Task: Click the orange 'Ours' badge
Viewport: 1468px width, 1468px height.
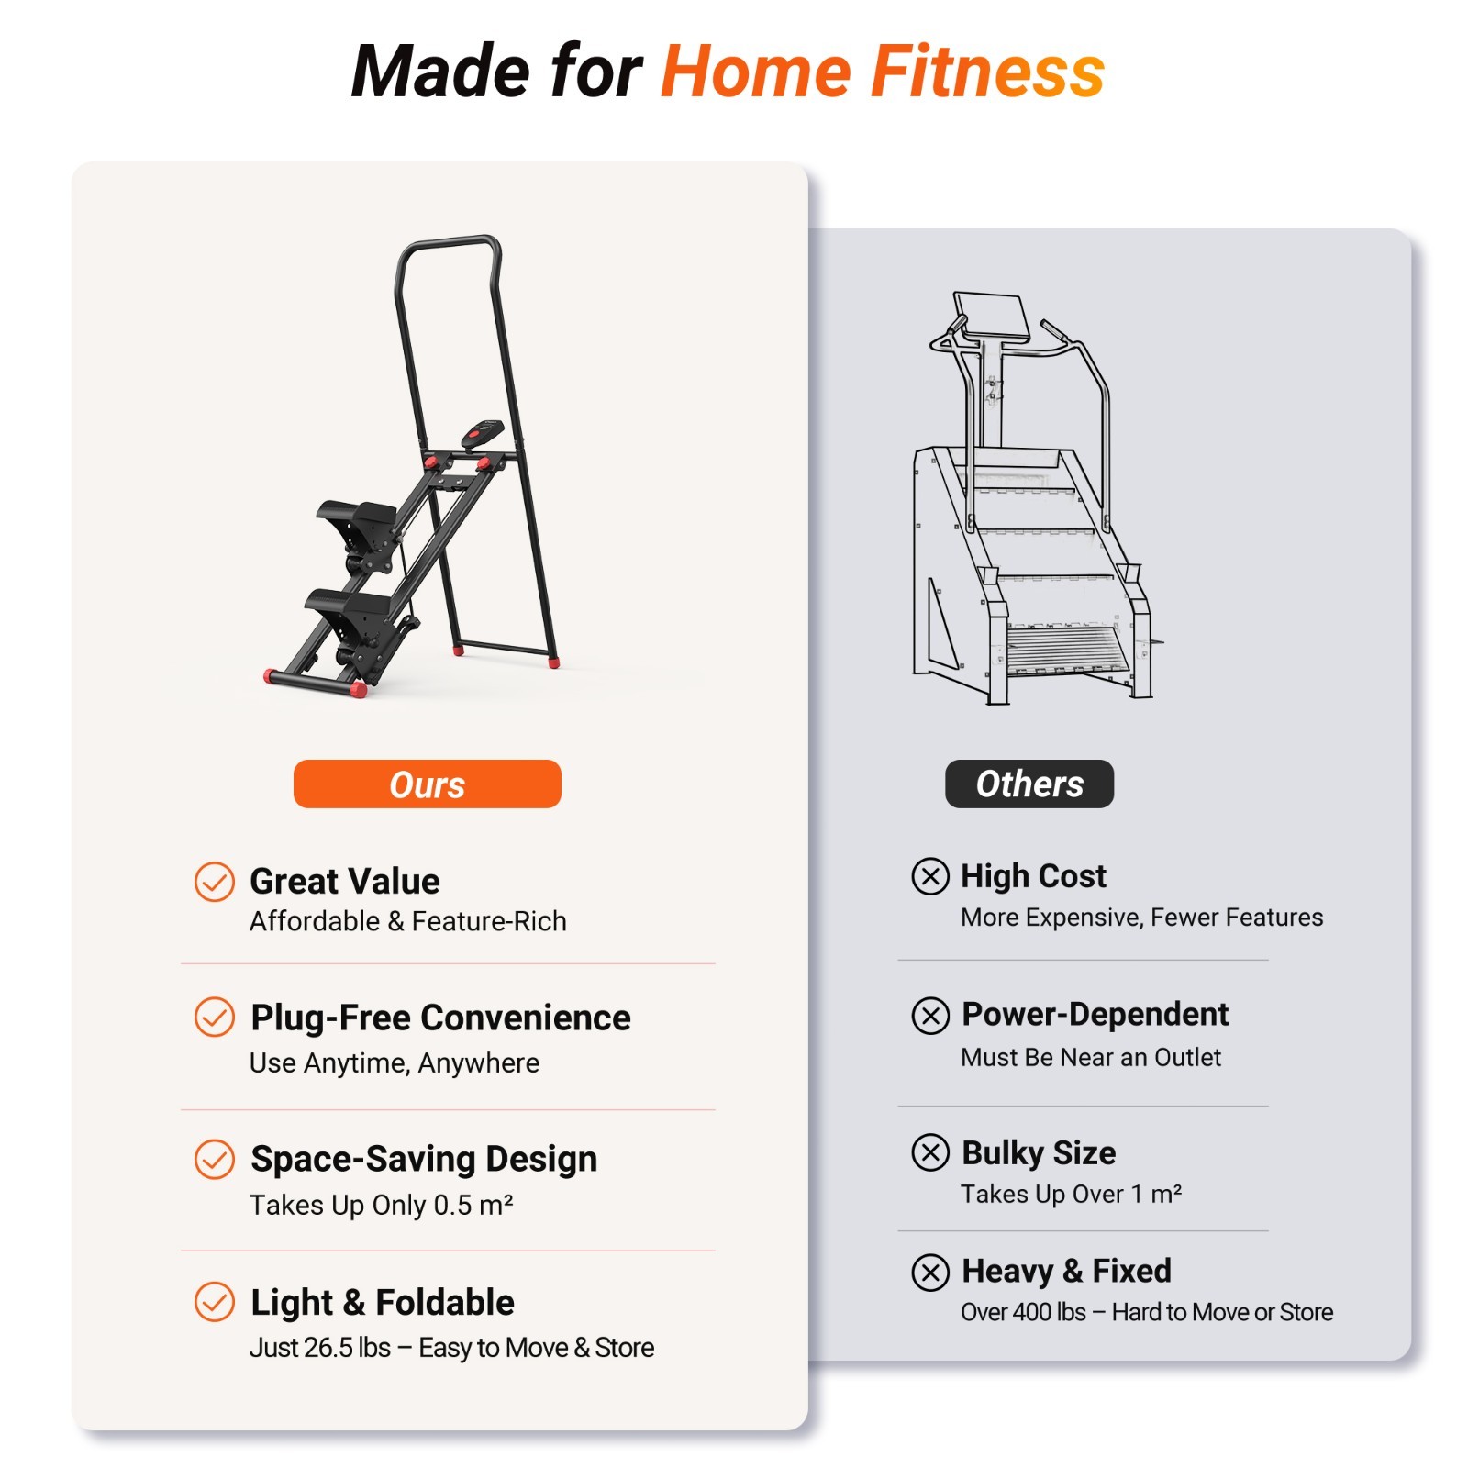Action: point(427,784)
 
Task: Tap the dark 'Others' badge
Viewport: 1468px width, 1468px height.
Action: point(1029,784)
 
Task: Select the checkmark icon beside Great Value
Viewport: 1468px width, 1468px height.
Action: point(215,882)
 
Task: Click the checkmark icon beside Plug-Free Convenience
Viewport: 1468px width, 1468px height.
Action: point(215,1017)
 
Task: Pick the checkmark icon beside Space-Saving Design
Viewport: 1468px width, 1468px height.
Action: point(215,1159)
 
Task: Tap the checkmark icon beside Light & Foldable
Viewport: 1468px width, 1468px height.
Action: point(215,1301)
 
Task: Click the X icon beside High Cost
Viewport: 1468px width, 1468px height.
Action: point(929,876)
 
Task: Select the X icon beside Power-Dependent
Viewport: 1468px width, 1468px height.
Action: point(930,1015)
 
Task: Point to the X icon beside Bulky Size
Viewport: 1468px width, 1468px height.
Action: point(930,1152)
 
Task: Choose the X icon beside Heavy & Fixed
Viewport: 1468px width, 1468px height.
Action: point(930,1272)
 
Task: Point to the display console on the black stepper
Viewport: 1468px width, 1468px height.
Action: point(483,432)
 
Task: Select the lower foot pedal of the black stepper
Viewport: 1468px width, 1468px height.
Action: point(349,609)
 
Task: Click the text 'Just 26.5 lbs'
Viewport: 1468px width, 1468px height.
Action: point(319,1347)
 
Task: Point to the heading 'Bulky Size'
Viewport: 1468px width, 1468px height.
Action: point(1039,1152)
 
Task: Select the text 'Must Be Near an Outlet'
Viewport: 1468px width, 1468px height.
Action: point(1091,1057)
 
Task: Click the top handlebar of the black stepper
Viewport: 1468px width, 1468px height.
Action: point(450,244)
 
